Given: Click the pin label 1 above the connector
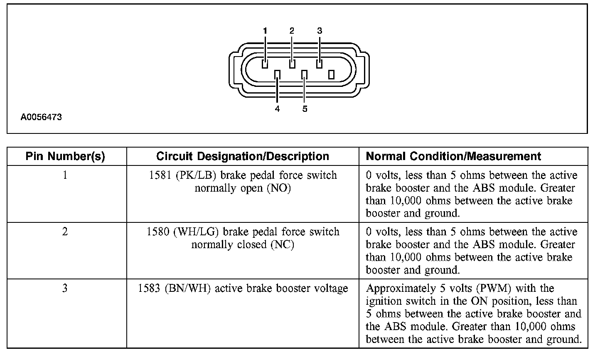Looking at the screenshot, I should click(x=265, y=30).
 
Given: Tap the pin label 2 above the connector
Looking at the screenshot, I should click(x=292, y=30).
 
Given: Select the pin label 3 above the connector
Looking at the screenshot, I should click(x=319, y=30).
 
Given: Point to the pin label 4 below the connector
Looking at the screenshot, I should click(x=277, y=109).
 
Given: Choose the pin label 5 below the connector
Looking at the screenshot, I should click(x=305, y=109).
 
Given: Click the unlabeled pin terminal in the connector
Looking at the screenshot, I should click(x=331, y=74).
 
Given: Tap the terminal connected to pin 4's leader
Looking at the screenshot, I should click(x=277, y=74).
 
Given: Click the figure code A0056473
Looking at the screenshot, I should click(x=41, y=117).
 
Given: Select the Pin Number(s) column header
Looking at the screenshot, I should click(x=65, y=156).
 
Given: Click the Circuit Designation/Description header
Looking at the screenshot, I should click(x=243, y=156).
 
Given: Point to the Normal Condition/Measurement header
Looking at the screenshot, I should click(x=453, y=156).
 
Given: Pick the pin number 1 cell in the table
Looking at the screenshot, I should click(x=65, y=175).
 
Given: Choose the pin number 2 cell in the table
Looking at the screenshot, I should click(x=65, y=232).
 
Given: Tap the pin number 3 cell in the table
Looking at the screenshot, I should click(x=65, y=288).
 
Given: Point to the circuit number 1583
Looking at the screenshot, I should click(x=149, y=288).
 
